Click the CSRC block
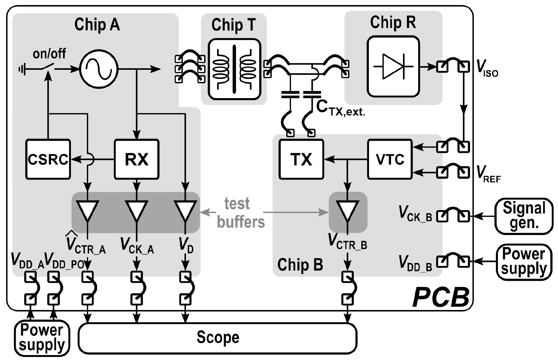click(48, 159)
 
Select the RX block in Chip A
click(137, 159)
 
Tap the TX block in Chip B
click(301, 159)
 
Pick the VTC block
click(390, 159)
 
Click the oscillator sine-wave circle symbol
click(98, 69)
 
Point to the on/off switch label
click(49, 53)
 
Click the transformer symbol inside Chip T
click(234, 69)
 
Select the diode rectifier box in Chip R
click(393, 67)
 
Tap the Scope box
click(218, 338)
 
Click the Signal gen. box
click(524, 216)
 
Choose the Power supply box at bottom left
click(42, 338)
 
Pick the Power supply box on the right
click(524, 262)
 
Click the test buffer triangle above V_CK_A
click(137, 210)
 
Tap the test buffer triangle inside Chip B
click(348, 210)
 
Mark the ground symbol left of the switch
click(22, 69)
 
